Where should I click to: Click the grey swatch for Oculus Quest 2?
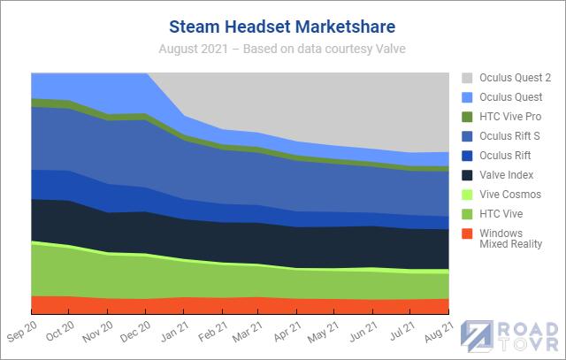click(468, 78)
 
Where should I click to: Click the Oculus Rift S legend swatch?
click(468, 135)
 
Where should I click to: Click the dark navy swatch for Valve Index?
click(468, 174)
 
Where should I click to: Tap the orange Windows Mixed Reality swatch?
click(468, 233)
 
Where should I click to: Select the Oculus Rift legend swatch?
click(468, 155)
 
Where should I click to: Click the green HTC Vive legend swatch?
click(468, 213)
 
